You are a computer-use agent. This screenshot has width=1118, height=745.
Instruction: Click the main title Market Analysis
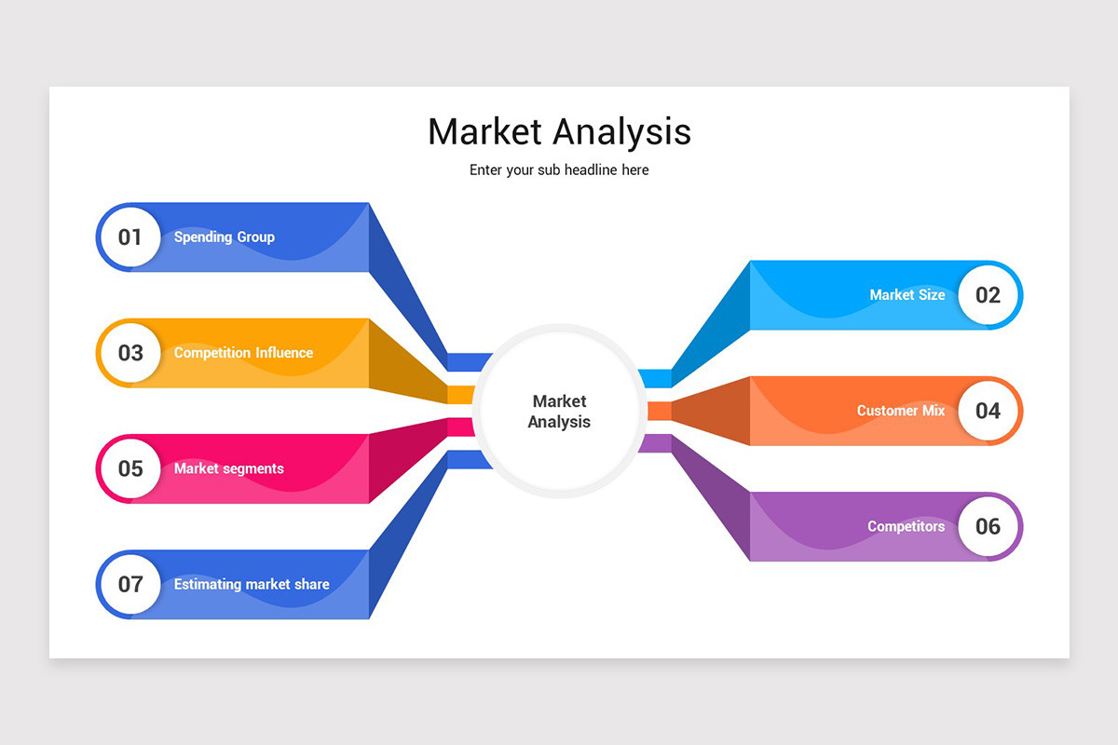(559, 131)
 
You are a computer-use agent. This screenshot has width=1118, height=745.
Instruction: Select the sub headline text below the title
(559, 170)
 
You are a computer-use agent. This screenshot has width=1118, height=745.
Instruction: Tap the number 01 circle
(130, 237)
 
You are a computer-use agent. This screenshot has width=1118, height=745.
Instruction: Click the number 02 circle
(988, 295)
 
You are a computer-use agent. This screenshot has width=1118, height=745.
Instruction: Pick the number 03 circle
(130, 353)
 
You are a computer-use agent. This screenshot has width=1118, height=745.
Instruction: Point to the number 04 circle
(988, 411)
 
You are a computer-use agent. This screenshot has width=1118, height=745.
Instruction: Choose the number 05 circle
(130, 468)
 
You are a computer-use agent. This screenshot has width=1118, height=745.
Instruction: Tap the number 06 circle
(988, 526)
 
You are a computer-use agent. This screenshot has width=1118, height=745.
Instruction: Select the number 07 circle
(130, 584)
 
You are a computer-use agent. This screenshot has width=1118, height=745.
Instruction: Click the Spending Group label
(225, 237)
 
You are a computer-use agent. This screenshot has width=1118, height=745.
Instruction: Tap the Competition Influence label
(243, 353)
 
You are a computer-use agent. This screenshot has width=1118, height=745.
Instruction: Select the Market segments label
(229, 468)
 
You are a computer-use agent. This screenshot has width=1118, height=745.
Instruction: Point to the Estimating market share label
(252, 585)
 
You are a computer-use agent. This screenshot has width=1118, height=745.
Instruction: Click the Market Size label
(907, 295)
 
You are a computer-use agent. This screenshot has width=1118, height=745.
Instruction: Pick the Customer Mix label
(900, 411)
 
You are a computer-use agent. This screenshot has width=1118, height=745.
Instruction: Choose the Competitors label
(906, 526)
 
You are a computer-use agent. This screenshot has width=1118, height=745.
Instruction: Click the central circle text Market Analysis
(559, 412)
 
